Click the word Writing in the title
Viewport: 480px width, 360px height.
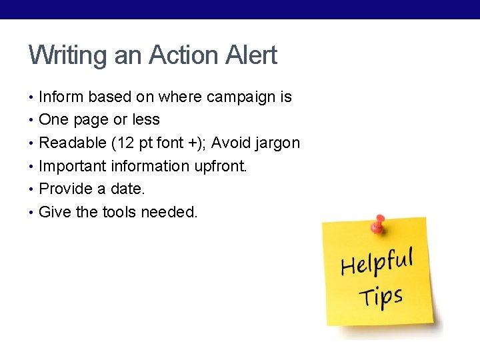coord(69,56)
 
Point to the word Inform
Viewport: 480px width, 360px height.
coord(61,97)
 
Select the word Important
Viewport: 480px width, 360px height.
coord(73,166)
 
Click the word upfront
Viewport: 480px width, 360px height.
coord(221,166)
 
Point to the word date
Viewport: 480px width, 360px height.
coord(127,189)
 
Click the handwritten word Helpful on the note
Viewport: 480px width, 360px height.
coord(377,261)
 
